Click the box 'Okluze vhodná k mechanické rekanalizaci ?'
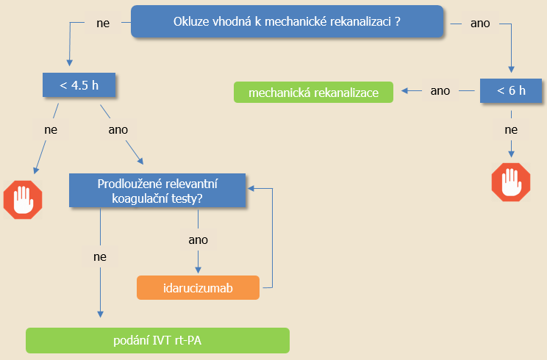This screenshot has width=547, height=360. click(287, 21)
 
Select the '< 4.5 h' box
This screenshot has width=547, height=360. click(79, 84)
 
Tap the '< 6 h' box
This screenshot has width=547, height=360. click(511, 90)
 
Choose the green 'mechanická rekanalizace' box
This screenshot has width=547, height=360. click(313, 93)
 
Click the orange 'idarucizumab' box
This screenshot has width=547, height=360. click(198, 288)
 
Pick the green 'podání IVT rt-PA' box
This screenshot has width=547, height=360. click(157, 340)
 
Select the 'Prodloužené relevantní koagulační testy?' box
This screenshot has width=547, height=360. click(157, 190)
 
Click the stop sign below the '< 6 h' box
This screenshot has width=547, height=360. click(511, 182)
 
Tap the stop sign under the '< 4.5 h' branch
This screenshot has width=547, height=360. click(23, 200)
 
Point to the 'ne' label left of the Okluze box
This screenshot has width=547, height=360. click(103, 24)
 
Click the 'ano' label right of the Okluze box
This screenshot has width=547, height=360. click(480, 24)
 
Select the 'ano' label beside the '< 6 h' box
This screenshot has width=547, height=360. click(440, 91)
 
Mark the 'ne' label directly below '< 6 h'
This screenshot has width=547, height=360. click(511, 130)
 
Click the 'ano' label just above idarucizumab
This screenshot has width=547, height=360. click(199, 240)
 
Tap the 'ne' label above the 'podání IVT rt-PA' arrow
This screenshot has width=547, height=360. click(100, 257)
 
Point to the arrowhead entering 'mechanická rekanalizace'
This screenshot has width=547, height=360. click(404, 91)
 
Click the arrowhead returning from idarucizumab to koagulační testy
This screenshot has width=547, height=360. click(251, 189)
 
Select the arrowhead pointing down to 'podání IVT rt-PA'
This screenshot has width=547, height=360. click(100, 314)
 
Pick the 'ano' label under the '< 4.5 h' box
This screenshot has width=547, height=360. click(118, 130)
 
